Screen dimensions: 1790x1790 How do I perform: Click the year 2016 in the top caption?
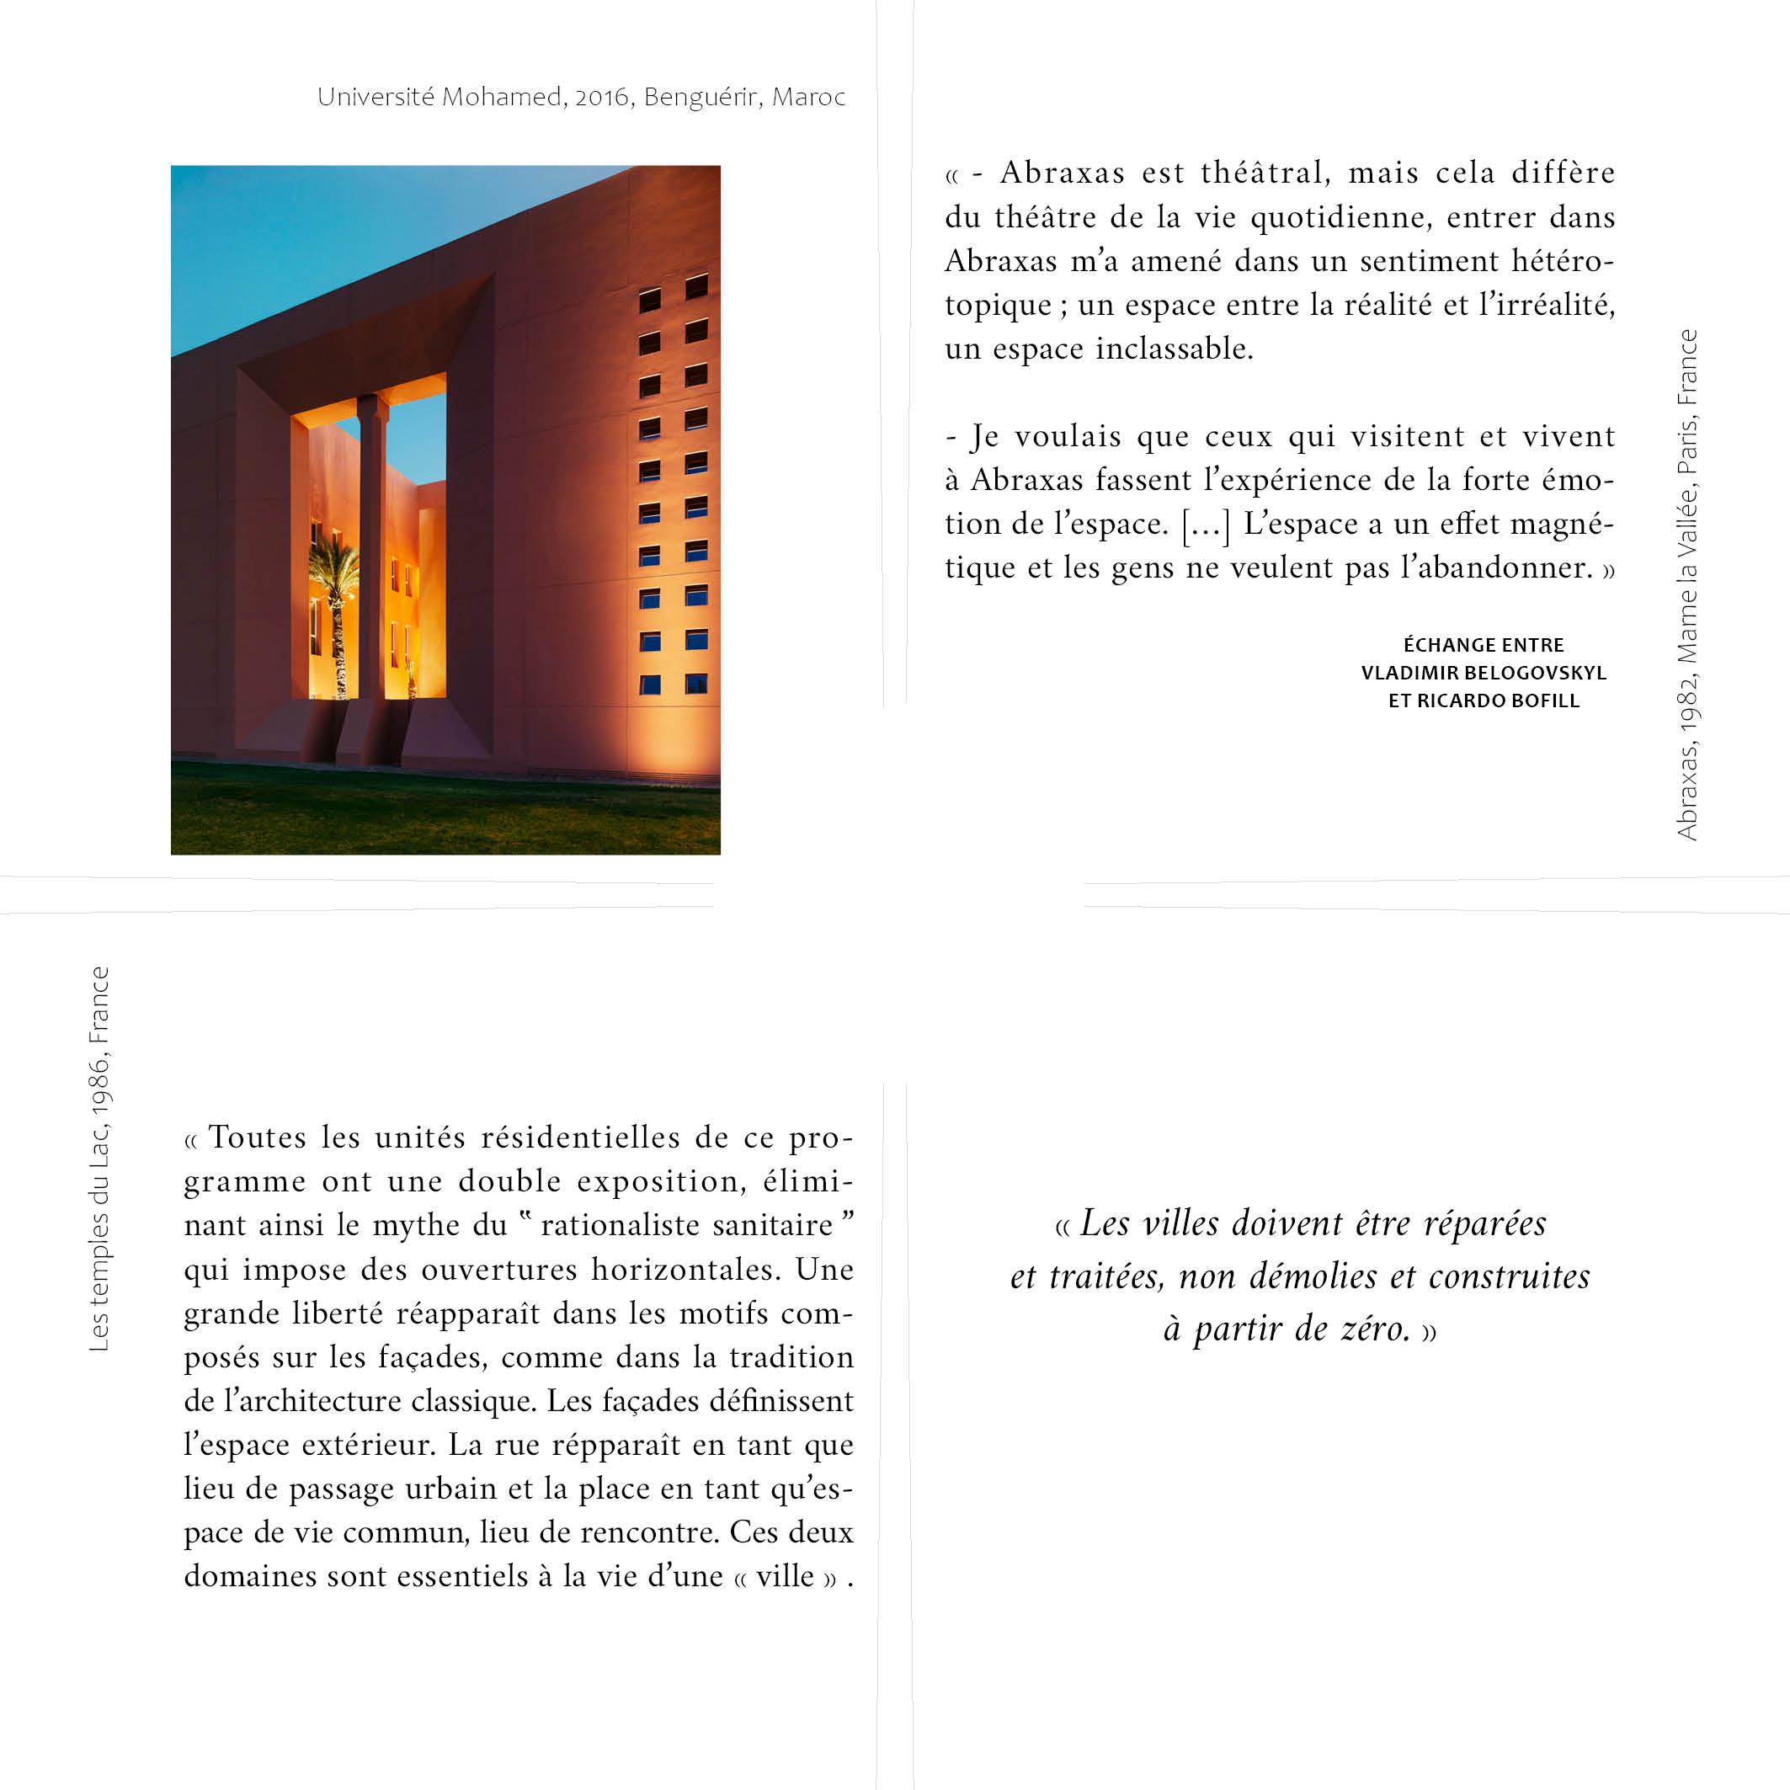pyautogui.click(x=601, y=98)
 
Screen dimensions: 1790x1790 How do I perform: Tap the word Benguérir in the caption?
pyautogui.click(x=703, y=98)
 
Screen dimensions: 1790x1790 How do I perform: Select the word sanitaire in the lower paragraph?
pyautogui.click(x=779, y=1226)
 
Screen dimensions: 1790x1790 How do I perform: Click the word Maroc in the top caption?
pyautogui.click(x=809, y=98)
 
